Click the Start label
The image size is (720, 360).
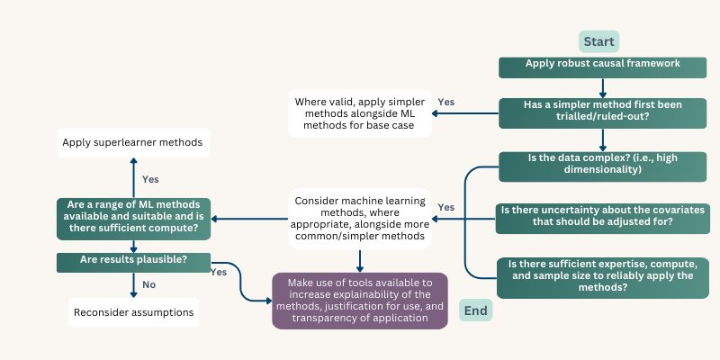point(598,41)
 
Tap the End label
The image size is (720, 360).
point(476,310)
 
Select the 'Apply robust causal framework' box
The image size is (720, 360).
point(602,67)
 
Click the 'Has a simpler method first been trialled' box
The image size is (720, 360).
point(602,113)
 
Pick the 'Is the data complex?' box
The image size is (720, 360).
point(602,166)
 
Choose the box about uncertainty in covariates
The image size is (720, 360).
point(602,219)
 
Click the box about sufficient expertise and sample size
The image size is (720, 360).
point(603,278)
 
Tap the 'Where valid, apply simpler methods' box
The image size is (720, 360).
point(360,113)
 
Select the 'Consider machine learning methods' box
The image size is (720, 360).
point(360,219)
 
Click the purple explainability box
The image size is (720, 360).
point(360,301)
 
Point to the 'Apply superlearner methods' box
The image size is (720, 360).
point(133,143)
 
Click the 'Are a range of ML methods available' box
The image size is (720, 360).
point(133,219)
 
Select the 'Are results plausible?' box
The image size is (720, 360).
point(133,263)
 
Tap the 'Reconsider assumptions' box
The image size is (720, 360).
point(133,312)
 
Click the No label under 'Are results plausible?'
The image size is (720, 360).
point(148,285)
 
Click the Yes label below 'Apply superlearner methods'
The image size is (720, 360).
point(150,179)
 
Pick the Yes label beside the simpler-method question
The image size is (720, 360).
point(446,102)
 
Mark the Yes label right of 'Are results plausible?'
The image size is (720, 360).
point(219,273)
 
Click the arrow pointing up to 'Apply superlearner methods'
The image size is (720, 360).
point(133,177)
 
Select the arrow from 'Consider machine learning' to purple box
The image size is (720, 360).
point(360,261)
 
